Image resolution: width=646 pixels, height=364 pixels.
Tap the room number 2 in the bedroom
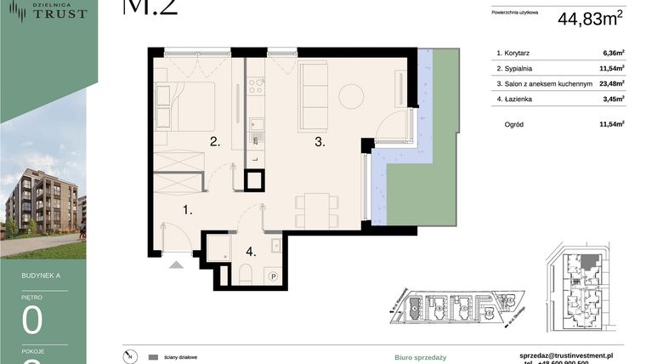coord(216,142)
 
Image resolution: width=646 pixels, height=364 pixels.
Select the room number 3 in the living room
coord(320,143)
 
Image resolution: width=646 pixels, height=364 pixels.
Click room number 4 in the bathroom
coord(251,252)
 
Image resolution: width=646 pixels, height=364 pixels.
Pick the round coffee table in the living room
coord(351,96)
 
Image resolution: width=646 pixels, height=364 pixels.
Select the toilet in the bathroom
coord(244,273)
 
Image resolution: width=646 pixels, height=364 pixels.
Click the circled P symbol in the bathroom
coord(274,276)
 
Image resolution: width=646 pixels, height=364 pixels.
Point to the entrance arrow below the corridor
coord(177,264)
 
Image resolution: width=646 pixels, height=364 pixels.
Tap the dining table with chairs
coord(313,208)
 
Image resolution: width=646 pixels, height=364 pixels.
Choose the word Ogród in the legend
coord(513,124)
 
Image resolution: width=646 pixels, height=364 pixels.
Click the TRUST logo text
coord(59,14)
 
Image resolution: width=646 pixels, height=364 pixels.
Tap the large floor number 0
coord(33,322)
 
